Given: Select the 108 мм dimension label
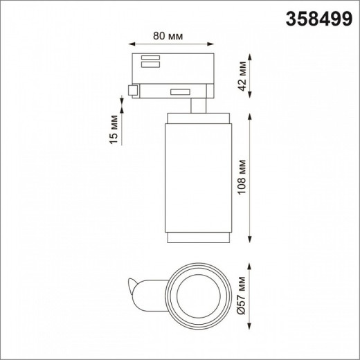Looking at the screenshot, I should pyautogui.click(x=242, y=178).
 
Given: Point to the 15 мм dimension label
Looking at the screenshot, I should pyautogui.click(x=116, y=129).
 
